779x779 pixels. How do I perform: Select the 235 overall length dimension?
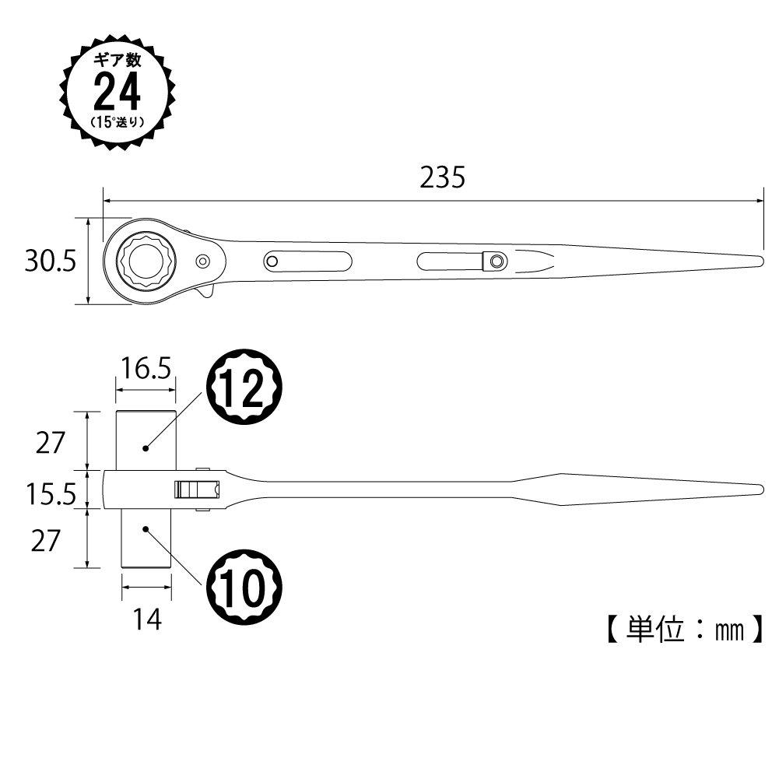pyautogui.click(x=442, y=177)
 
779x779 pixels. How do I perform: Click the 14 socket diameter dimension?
pyautogui.click(x=146, y=620)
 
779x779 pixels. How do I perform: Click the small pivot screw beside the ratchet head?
pyautogui.click(x=203, y=261)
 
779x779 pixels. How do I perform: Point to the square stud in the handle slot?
pyautogui.click(x=493, y=261)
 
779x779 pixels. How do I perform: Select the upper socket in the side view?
pyautogui.click(x=146, y=440)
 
